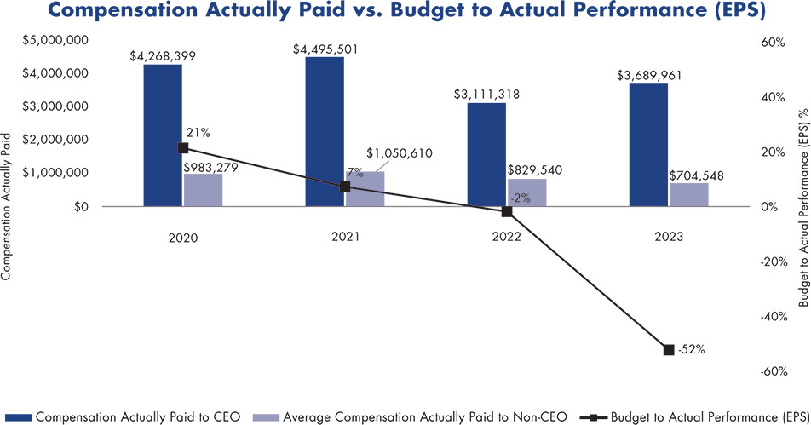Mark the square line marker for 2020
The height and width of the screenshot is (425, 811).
183,148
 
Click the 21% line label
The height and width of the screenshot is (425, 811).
198,132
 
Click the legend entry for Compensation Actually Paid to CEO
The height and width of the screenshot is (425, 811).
125,416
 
